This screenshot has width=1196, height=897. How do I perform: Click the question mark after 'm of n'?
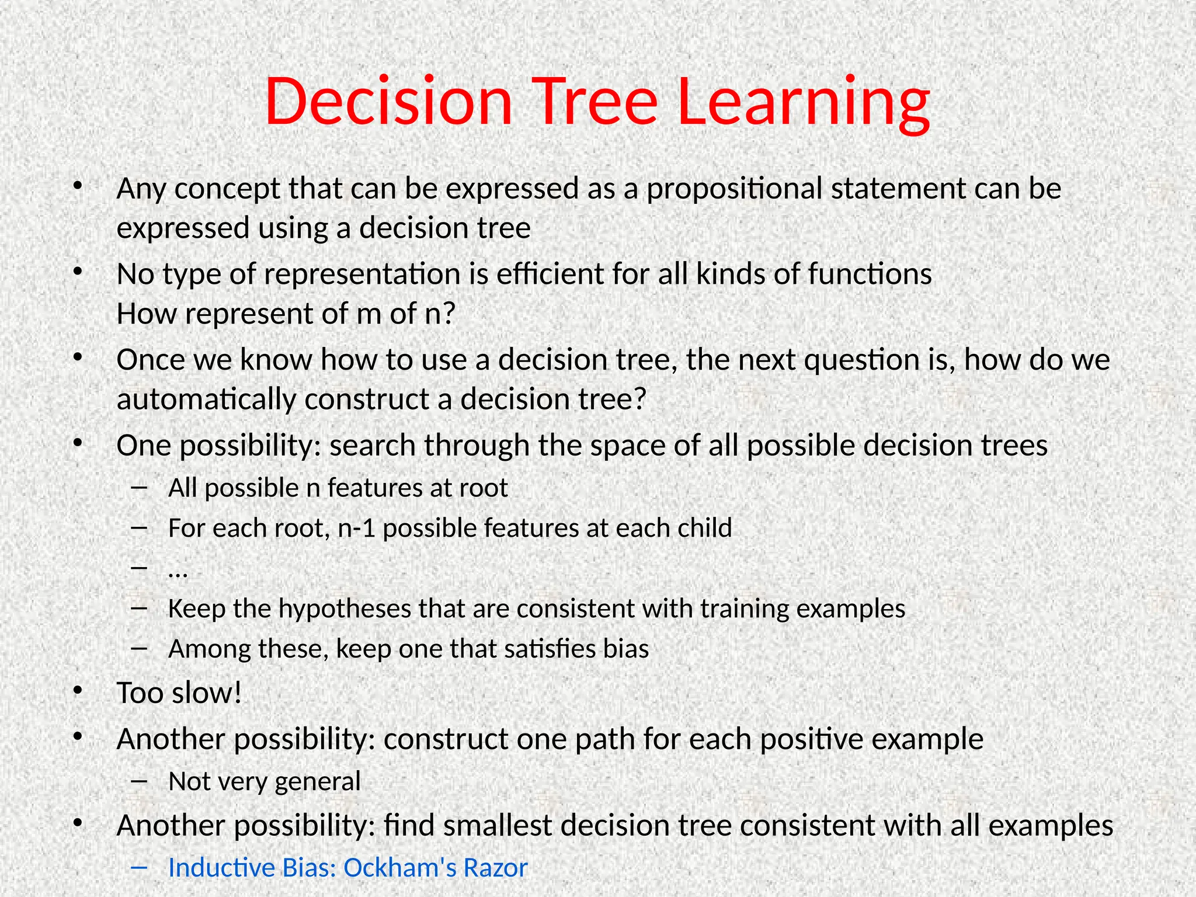448,314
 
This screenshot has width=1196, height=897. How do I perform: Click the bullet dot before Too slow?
77,691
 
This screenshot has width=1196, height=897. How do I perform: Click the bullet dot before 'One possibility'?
77,443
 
